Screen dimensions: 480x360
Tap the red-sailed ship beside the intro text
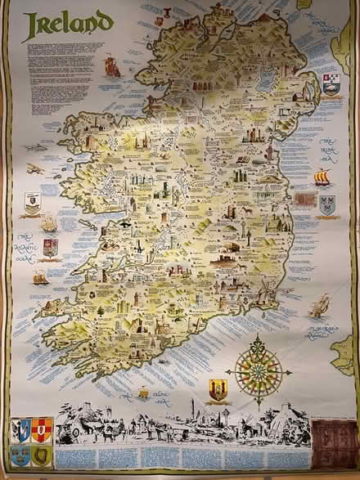[x=111, y=65]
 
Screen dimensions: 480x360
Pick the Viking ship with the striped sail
[x=322, y=177]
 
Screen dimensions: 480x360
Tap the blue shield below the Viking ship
[x=327, y=204]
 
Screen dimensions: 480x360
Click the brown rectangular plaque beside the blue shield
[x=305, y=199]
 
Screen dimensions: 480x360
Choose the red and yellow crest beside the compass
[x=218, y=390]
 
